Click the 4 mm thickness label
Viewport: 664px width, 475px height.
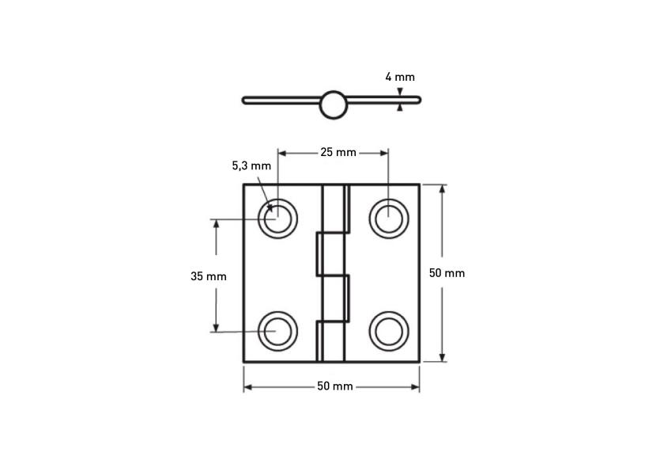click(x=399, y=77)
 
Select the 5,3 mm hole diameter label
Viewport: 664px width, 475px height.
click(x=251, y=166)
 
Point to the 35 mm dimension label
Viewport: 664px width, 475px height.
click(x=208, y=276)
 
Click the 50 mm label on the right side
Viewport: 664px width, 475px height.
click(x=447, y=272)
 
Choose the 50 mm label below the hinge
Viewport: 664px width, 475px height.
click(x=334, y=386)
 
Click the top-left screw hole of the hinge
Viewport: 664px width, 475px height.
click(x=277, y=218)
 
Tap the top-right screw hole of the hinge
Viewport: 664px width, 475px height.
click(x=387, y=218)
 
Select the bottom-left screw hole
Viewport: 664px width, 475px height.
click(x=277, y=330)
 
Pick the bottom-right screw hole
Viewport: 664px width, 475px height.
click(x=387, y=330)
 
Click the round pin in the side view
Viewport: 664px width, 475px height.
click(x=333, y=104)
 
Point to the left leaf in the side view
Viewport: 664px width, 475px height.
click(x=281, y=100)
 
